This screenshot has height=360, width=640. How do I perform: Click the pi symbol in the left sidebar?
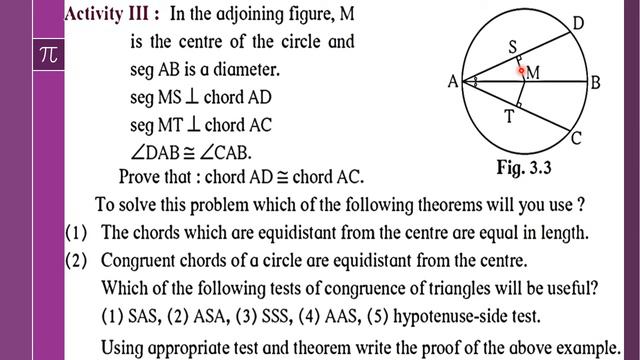[47, 55]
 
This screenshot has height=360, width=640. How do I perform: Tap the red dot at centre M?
[521, 71]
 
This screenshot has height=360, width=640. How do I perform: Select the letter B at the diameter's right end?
[594, 83]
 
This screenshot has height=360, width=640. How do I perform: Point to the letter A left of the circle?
[452, 83]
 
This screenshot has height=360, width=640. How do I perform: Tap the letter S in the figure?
[512, 47]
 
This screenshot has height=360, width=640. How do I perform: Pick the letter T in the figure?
[509, 117]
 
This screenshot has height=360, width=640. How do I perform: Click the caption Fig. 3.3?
[524, 168]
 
